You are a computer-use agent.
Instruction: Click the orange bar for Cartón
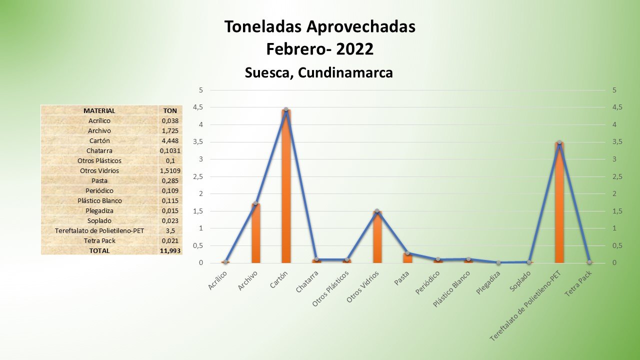(286, 187)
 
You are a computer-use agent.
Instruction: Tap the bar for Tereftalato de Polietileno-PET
(559, 203)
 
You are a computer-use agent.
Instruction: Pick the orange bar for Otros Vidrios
(377, 237)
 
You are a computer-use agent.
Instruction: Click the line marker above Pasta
(407, 253)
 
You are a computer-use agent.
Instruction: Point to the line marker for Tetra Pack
(589, 262)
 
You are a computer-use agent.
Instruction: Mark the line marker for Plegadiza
(498, 262)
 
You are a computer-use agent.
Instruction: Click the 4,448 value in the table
(170, 140)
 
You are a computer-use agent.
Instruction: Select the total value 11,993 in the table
(170, 250)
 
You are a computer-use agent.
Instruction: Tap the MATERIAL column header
(99, 110)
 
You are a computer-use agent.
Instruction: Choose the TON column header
(170, 110)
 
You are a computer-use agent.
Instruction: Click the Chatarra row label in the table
(99, 150)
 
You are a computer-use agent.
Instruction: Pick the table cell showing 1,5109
(170, 170)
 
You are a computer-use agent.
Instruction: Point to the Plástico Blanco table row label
(99, 200)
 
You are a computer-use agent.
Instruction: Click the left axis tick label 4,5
(198, 107)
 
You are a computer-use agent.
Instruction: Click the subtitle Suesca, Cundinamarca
(319, 72)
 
